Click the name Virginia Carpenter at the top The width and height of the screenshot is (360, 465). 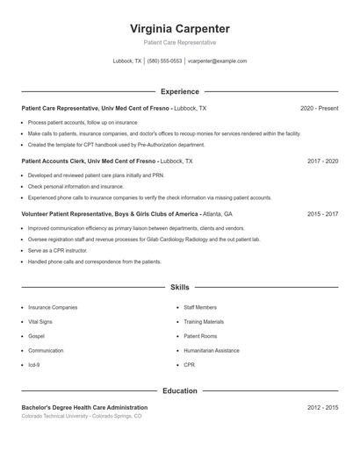pos(179,28)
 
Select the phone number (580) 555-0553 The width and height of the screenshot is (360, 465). pos(164,61)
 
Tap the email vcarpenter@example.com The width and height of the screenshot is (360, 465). pos(217,61)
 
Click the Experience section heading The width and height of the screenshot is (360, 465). pos(179,91)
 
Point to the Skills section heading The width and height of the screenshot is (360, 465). pos(179,287)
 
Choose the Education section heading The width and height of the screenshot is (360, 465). pos(179,390)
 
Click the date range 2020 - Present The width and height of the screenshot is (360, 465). pos(319,108)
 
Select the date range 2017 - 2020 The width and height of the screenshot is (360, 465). pos(322,161)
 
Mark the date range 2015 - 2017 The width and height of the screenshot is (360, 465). pos(322,214)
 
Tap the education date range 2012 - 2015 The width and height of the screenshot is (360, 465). pos(322,408)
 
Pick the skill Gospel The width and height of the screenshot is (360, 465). pos(36,336)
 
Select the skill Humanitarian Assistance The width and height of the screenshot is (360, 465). pos(211,350)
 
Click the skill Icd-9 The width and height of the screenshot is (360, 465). pos(34,364)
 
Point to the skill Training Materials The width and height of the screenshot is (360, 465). pos(204,322)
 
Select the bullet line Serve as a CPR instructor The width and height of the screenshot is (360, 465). pos(58,250)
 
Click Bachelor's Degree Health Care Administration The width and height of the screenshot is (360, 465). pos(84,408)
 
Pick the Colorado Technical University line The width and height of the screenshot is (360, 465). pos(81,417)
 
